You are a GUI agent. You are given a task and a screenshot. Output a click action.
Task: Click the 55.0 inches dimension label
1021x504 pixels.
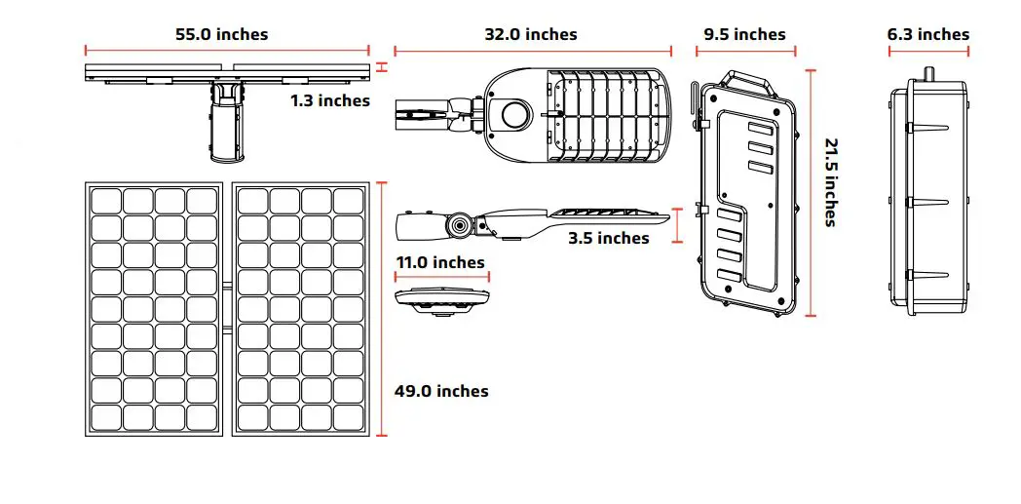tap(221, 34)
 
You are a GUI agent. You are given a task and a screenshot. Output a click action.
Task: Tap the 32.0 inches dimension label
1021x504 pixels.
tap(531, 34)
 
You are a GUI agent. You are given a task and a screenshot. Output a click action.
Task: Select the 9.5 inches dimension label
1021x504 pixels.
tap(744, 34)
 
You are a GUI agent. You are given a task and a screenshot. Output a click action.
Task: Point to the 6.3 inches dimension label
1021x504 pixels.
tap(928, 34)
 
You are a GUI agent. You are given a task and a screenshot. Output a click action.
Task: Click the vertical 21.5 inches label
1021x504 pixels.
tap(831, 182)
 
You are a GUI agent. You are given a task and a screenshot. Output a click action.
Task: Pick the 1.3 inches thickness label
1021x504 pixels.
tap(329, 99)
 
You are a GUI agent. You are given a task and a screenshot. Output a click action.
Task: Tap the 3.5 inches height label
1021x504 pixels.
tap(608, 238)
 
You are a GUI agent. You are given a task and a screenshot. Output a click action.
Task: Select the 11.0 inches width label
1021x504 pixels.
tap(440, 262)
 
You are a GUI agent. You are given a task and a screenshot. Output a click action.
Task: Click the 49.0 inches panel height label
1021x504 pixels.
tap(441, 391)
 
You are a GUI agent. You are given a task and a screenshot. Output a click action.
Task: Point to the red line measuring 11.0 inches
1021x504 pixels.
tap(441, 277)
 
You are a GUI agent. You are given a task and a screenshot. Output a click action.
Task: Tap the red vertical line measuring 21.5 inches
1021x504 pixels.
tap(811, 192)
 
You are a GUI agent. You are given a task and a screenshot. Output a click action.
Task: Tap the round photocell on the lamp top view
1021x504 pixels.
tap(513, 114)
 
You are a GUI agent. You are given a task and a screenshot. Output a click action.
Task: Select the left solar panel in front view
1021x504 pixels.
tap(155, 309)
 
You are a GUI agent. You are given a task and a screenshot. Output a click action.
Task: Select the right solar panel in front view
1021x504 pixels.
tap(300, 309)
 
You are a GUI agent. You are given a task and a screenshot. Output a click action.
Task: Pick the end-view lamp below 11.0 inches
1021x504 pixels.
tap(441, 300)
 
